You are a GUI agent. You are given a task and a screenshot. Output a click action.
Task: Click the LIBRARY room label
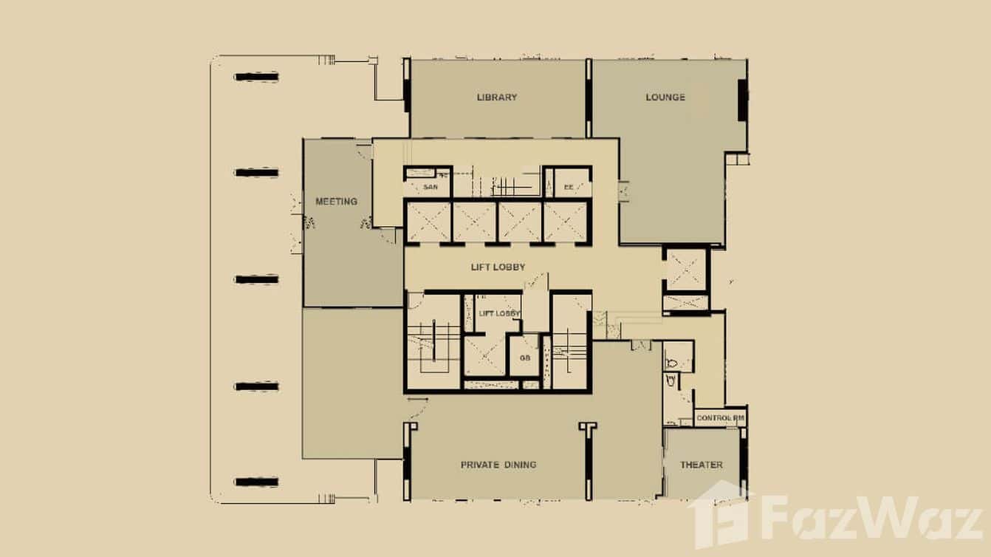[496, 98]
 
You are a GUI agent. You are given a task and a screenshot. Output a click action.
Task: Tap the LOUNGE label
[665, 98]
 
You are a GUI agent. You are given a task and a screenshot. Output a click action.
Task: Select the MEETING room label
[336, 202]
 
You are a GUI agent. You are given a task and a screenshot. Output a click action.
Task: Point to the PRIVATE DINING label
[498, 465]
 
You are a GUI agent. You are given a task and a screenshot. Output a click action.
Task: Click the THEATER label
[701, 465]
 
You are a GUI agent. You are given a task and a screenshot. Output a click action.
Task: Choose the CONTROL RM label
[720, 419]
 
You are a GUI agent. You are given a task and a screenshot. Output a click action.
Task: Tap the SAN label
[430, 188]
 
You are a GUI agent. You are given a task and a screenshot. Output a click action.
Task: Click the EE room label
[569, 188]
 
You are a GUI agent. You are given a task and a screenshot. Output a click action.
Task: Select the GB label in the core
[525, 358]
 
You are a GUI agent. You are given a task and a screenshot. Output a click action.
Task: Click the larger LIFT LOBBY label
[498, 267]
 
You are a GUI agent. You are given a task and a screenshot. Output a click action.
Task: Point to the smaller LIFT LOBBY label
[499, 314]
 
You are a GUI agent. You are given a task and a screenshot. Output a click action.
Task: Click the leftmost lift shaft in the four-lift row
[428, 222]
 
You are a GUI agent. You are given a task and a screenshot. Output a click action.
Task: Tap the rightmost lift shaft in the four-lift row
[566, 222]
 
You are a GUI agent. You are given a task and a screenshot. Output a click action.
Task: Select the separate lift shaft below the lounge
[686, 270]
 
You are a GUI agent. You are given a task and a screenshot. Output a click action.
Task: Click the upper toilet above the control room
[675, 362]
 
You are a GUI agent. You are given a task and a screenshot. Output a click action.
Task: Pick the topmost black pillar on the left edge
[256, 77]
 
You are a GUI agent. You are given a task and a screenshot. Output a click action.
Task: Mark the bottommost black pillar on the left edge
[256, 482]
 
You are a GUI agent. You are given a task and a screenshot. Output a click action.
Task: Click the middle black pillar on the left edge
[256, 279]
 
